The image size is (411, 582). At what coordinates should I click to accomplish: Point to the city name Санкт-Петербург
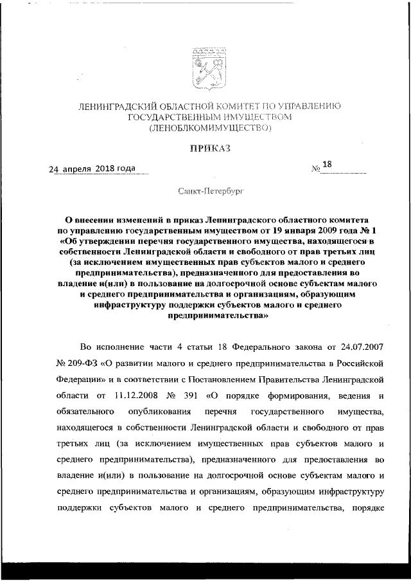205,191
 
